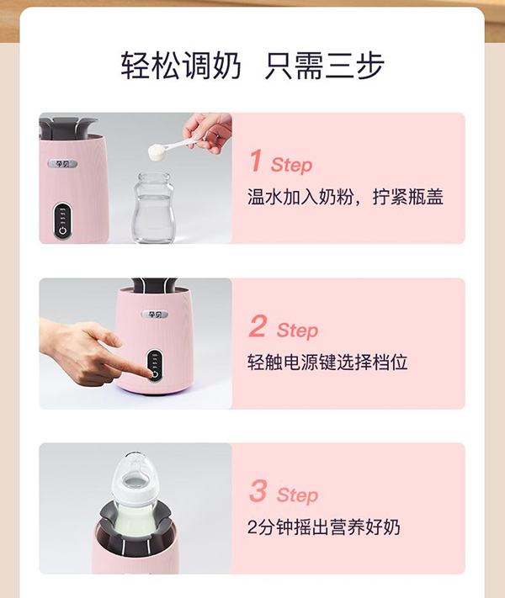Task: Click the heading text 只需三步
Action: [x=324, y=66]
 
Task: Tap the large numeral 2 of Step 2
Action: [x=258, y=326]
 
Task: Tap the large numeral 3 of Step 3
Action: [x=258, y=491]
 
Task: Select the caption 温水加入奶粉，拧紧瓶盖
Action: [x=345, y=198]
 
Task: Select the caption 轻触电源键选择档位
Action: [x=327, y=363]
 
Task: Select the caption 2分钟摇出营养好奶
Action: [x=323, y=528]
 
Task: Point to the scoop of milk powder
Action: [x=157, y=152]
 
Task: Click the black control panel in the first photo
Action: [x=63, y=220]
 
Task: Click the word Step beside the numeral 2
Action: [x=297, y=331]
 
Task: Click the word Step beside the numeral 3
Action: [x=297, y=495]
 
